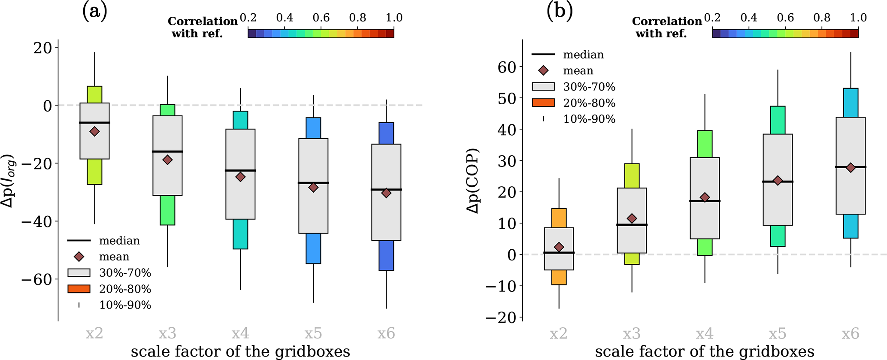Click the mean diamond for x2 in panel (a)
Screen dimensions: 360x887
94,132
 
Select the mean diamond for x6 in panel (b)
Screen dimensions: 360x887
851,168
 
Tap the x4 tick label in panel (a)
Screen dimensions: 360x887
240,333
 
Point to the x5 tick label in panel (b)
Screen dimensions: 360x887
778,333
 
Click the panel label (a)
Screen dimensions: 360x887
94,12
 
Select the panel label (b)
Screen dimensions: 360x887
560,12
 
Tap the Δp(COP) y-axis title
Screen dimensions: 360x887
473,180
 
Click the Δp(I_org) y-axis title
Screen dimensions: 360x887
9,180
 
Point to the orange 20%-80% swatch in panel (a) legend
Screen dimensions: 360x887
79,289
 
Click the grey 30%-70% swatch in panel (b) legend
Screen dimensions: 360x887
543,87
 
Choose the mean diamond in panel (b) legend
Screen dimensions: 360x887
543,71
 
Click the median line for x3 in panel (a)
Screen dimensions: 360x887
168,151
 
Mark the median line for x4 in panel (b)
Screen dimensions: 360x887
705,201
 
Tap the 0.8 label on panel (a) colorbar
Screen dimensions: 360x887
357,18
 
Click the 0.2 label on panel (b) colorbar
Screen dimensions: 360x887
712,18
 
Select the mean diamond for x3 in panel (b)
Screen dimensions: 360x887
632,219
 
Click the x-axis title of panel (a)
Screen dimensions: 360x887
240,351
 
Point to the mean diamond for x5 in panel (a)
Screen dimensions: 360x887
313,188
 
